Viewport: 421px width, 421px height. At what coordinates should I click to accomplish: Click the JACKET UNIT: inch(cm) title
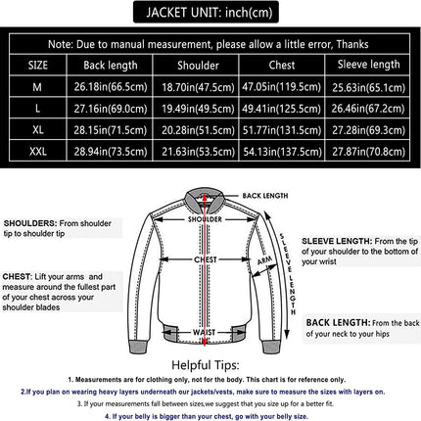(210, 15)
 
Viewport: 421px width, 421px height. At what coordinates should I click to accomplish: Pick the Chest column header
(280, 66)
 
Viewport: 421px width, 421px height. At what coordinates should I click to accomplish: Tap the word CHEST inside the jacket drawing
(204, 261)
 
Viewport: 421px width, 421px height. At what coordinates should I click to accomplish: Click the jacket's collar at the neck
(205, 202)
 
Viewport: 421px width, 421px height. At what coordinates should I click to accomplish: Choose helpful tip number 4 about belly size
(210, 411)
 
